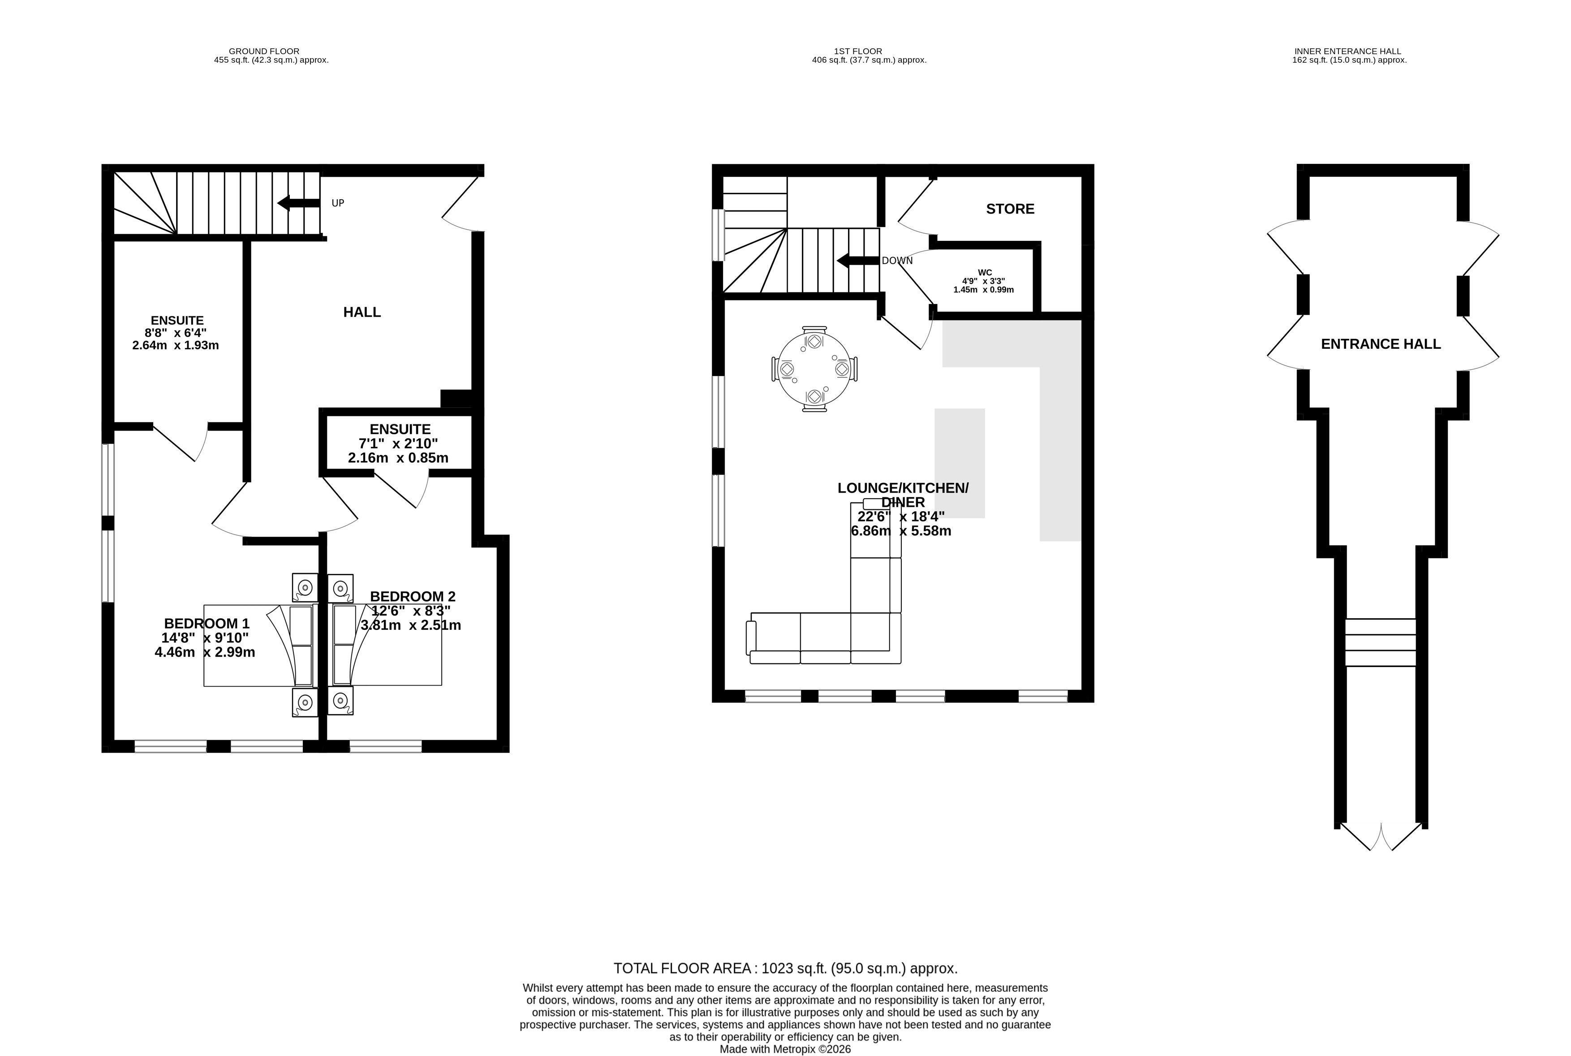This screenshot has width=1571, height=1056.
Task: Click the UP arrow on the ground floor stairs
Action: pos(298,203)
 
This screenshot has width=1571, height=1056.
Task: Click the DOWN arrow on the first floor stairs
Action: pos(857,260)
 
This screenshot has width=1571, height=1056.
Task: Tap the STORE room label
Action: pos(1010,209)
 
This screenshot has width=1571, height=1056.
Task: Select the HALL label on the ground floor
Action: pos(362,312)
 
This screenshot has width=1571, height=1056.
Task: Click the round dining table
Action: pos(814,369)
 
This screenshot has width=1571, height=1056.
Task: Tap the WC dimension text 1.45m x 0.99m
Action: pos(983,290)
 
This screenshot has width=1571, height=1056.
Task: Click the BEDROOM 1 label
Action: pos(206,624)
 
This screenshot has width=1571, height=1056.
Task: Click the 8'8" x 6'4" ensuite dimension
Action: pos(176,333)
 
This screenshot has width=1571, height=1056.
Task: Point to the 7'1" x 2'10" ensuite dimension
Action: pos(398,443)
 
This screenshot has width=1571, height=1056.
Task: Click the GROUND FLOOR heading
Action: pos(264,51)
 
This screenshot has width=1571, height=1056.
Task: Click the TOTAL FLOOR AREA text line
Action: pos(785,968)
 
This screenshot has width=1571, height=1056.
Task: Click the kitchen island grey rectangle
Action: pos(959,463)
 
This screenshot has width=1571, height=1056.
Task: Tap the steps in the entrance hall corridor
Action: pos(1380,642)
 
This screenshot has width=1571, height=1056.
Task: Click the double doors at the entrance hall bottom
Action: pos(1380,837)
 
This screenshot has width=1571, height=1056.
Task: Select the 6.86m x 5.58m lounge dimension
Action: pos(901,531)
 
